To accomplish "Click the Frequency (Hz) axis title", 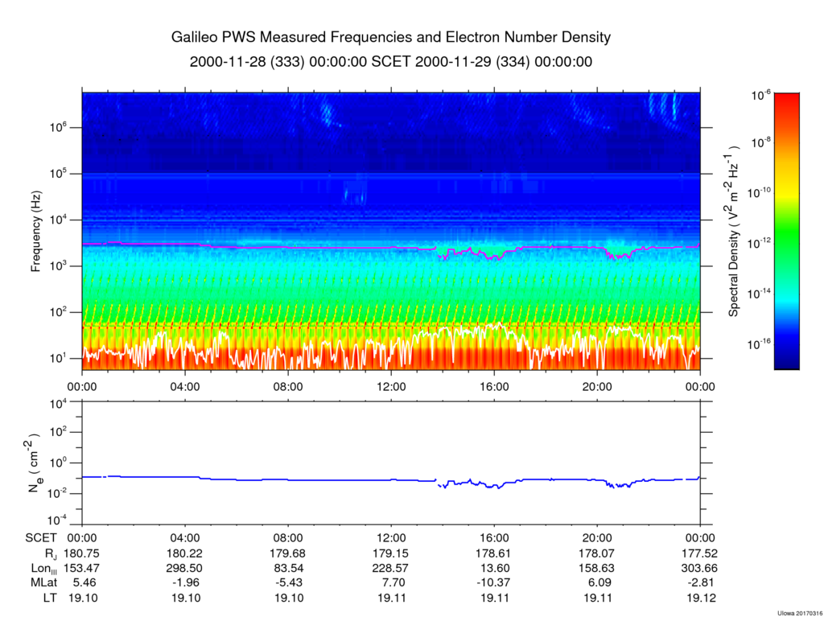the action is point(35,231).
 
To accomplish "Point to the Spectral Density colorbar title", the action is point(734,231).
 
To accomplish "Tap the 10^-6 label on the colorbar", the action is point(761,95).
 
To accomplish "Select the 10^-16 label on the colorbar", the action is point(760,344).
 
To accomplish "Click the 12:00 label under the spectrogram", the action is point(392,387).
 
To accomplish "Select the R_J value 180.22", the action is point(186,553).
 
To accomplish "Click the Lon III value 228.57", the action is point(392,568).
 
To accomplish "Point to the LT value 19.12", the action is point(701,598).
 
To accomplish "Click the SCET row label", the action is point(40,538).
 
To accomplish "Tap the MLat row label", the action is point(43,583).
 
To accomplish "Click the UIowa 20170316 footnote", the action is point(799,613).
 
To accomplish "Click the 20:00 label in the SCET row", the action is point(598,538).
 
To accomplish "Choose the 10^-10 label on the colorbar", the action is point(760,192).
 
